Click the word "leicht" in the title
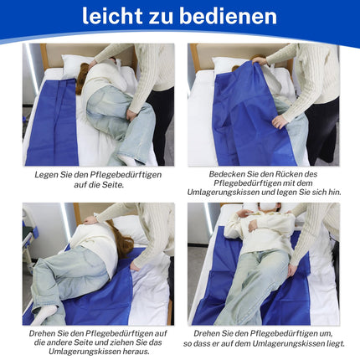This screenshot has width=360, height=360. pos(112,16)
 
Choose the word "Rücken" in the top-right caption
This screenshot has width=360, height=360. pos(288,174)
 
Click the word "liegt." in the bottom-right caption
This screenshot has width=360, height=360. pos(336,344)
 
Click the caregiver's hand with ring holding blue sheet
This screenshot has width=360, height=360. pos(280,122)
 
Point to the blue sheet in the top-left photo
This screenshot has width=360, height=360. pos(53,123)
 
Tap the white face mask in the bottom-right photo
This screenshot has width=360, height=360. pos(266,208)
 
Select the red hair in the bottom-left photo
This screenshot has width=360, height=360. pos(121,239)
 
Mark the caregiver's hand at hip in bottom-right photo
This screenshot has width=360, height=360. pos(292,270)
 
